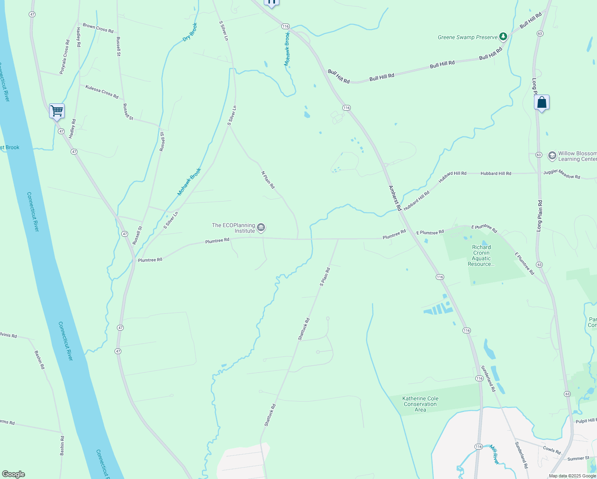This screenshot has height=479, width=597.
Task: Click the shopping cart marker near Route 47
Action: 57,111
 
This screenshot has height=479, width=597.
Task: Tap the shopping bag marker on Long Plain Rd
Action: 542,103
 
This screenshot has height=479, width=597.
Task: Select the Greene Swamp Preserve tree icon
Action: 503,37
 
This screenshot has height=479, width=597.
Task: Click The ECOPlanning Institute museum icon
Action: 261,228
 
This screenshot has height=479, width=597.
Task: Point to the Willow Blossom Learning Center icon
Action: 552,156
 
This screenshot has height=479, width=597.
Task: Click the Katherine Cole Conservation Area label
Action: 420,404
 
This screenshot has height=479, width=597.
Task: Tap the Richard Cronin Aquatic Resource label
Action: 481,255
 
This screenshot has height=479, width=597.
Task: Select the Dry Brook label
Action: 190,32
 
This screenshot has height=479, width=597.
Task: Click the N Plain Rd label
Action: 268,180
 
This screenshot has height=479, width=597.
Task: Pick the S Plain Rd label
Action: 325,277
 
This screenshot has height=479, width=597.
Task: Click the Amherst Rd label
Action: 395,198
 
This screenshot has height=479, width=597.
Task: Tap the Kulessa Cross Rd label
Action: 102,91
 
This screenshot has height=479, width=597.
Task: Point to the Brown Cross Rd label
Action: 98,28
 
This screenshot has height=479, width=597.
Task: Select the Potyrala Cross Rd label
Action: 65,57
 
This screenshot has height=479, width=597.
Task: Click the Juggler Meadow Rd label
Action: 561,174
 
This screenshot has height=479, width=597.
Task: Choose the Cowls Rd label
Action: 552,450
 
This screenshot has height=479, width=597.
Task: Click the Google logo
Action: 14,474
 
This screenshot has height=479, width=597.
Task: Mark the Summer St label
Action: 578,459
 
